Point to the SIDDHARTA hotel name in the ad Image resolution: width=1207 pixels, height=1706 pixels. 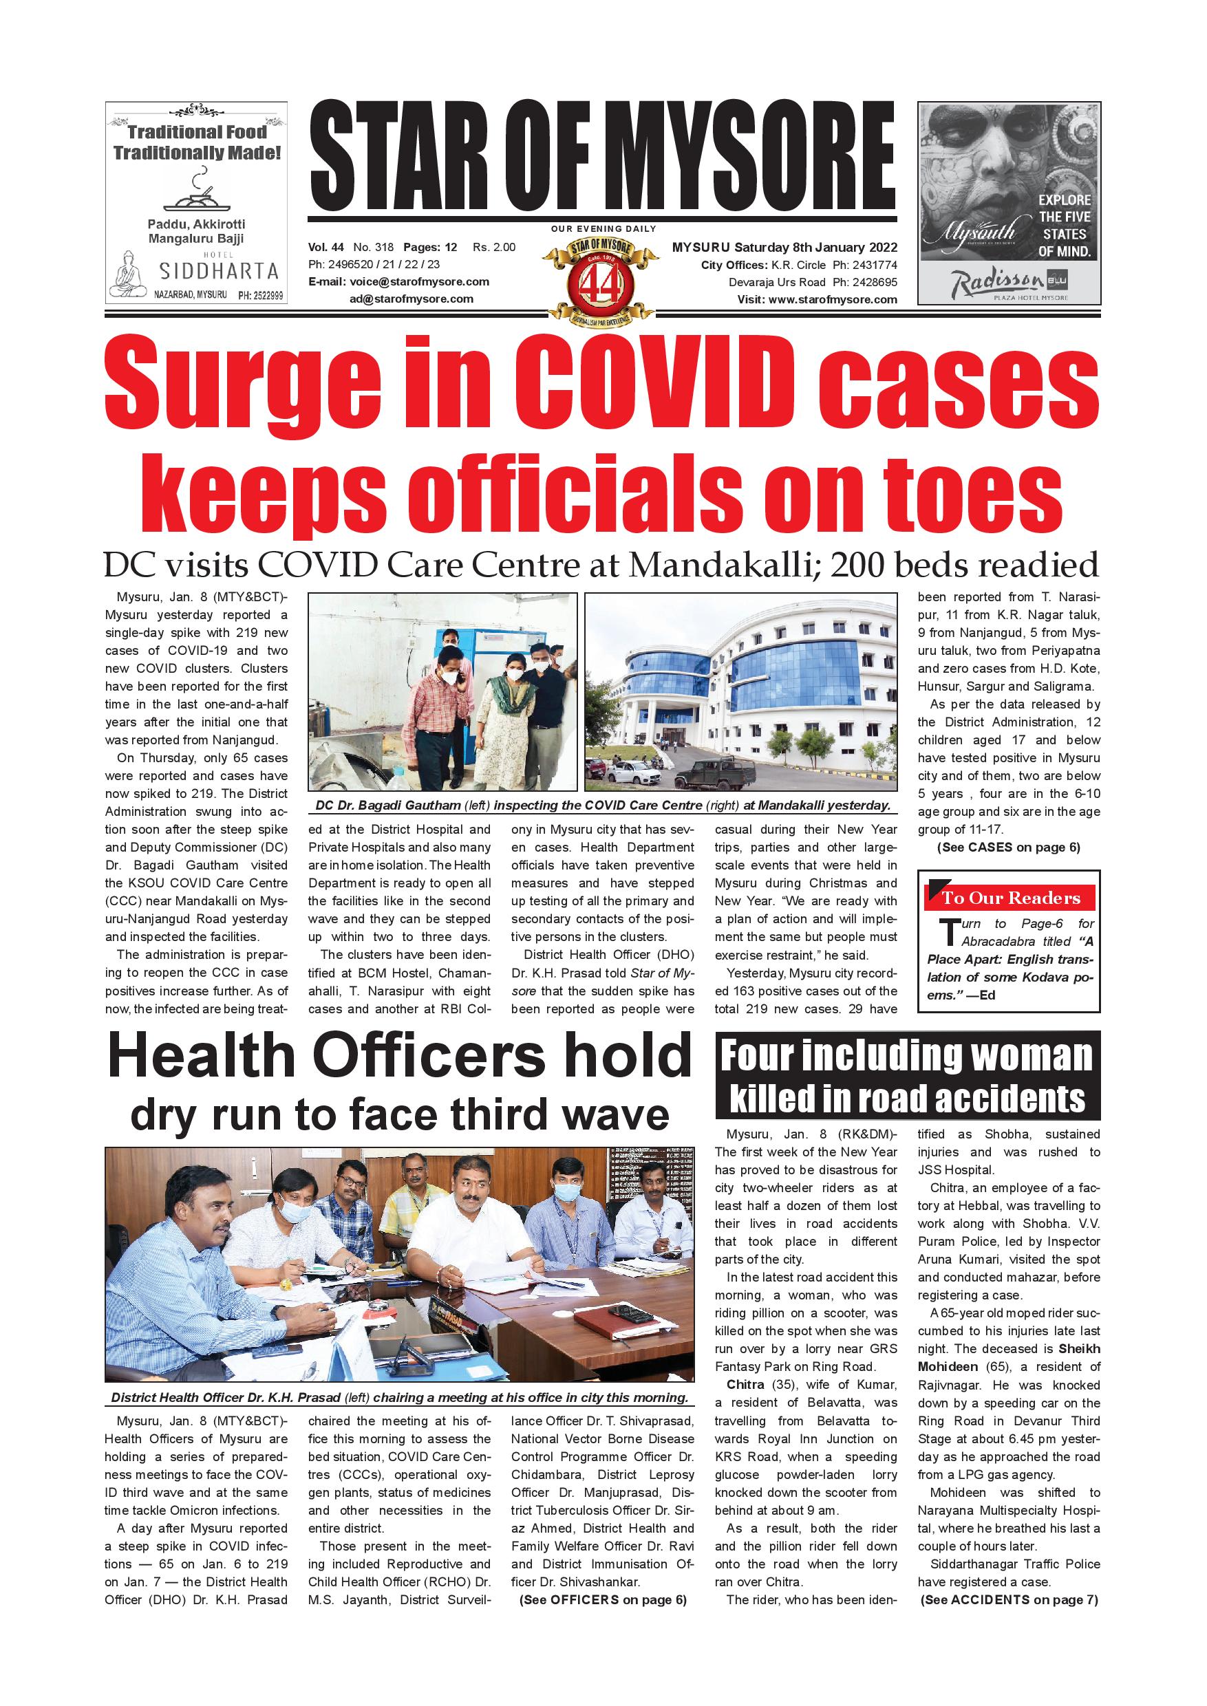point(219,272)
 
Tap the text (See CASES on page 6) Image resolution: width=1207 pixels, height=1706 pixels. point(1009,847)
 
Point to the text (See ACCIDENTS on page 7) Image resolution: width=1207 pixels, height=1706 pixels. point(1009,1600)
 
